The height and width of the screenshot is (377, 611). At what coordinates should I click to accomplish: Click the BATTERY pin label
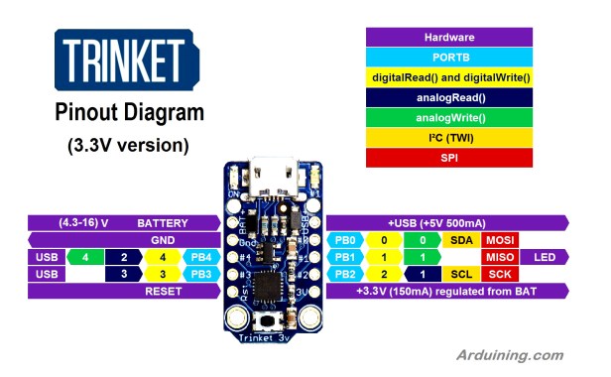(x=164, y=223)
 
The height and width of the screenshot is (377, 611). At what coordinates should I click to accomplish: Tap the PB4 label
(x=196, y=257)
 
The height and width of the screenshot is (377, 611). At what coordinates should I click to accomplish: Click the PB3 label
(x=196, y=274)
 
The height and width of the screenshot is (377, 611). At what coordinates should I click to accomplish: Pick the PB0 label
(x=345, y=240)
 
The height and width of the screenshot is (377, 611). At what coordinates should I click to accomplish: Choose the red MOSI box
(x=498, y=240)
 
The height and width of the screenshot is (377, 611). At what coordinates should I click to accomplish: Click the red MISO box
(x=498, y=257)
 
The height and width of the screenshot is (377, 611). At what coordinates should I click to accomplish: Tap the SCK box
(x=498, y=274)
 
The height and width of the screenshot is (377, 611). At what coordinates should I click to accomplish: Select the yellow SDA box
(x=461, y=240)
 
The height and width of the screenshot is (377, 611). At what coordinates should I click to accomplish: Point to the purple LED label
(x=544, y=257)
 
